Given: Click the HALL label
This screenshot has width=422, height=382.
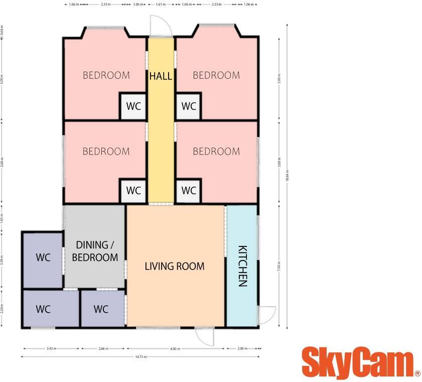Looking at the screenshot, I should (x=161, y=76).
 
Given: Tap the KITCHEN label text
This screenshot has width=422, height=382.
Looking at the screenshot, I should (x=242, y=266).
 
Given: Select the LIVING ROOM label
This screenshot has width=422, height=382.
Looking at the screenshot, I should (x=175, y=266).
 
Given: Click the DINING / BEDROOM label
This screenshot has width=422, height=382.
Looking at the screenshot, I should (x=95, y=251).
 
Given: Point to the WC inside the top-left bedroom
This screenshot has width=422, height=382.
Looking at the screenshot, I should (x=133, y=106).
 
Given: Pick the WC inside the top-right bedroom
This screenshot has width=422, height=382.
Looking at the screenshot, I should (x=189, y=106).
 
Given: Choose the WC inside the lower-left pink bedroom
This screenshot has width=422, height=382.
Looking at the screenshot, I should (x=133, y=191).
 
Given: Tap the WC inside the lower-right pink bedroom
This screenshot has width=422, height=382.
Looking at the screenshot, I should (x=189, y=191).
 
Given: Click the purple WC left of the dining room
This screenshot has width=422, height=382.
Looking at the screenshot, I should (x=43, y=258).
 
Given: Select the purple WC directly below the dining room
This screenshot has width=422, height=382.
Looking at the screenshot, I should (x=101, y=309).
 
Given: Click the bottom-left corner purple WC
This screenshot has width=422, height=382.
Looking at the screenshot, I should (x=43, y=309).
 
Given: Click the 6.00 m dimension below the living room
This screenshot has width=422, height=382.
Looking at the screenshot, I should (x=175, y=348).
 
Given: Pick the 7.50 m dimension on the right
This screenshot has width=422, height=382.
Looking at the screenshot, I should (x=279, y=266).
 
